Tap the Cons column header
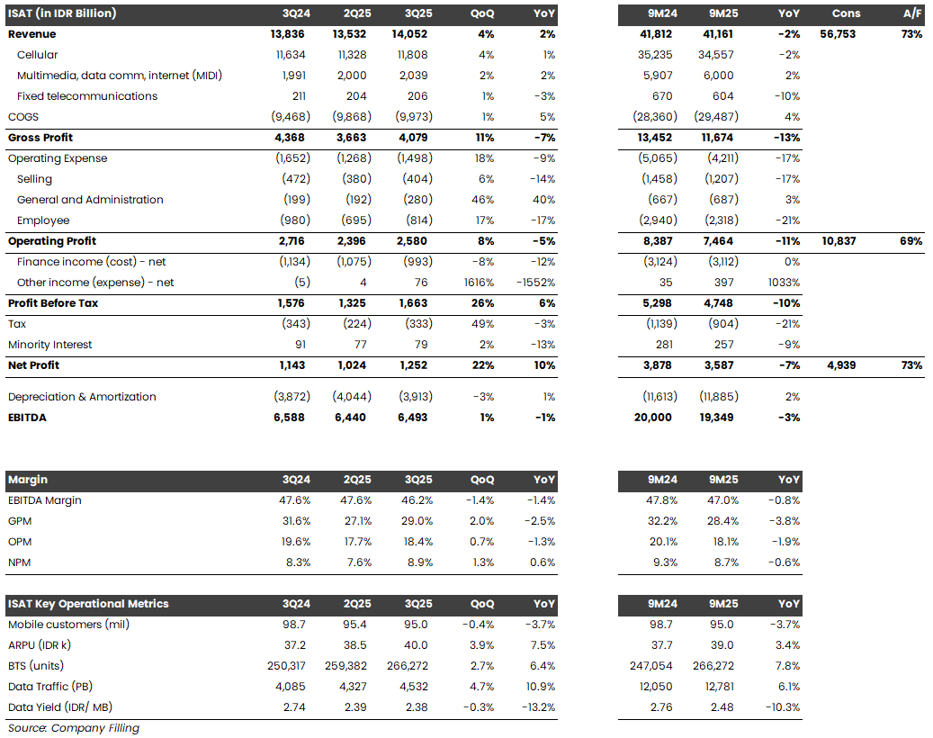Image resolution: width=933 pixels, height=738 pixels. (845, 13)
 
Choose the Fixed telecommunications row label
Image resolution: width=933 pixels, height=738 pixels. (87, 96)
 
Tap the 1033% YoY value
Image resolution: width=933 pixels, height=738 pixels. (783, 283)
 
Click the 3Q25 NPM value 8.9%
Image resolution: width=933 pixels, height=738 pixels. (416, 562)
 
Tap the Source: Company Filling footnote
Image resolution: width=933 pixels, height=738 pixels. (73, 728)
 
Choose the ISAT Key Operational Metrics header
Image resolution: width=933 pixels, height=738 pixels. (88, 604)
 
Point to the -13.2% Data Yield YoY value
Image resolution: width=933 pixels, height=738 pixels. (537, 707)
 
